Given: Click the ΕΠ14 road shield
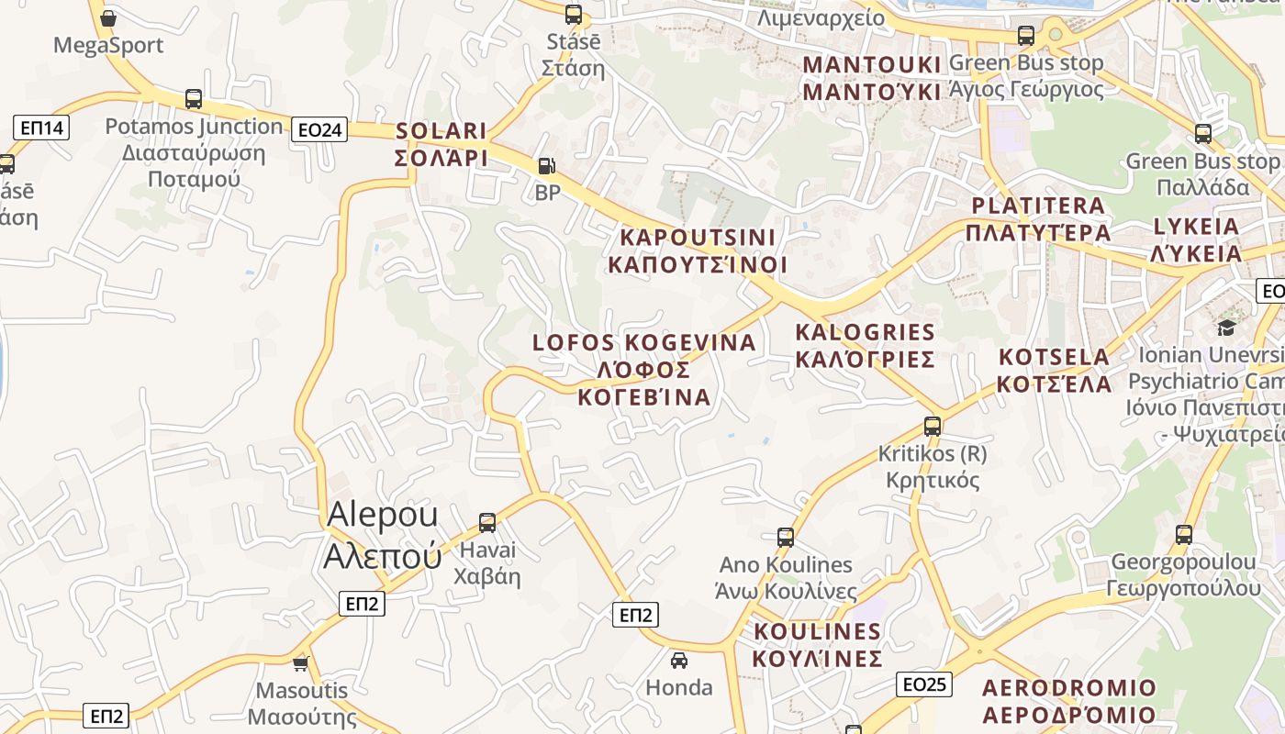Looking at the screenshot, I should coord(42,128).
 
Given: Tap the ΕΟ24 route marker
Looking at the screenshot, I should coord(320,130).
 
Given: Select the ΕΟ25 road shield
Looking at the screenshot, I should coord(923,684).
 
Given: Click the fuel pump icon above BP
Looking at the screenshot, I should coord(546,166).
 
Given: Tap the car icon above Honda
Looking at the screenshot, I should coord(679,660).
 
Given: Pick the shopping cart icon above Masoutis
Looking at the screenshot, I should coord(300,662).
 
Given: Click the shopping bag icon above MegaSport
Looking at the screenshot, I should coord(108,18).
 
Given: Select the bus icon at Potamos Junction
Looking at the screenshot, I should coord(194,99).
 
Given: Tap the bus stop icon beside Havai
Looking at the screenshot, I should coord(487,523).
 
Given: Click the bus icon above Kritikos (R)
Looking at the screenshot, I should coord(933,426).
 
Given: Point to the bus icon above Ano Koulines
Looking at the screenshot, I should coord(786,538).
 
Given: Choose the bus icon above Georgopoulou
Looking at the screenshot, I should coord(1184,534).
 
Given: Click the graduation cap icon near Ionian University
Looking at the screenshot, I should coord(1226,328).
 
